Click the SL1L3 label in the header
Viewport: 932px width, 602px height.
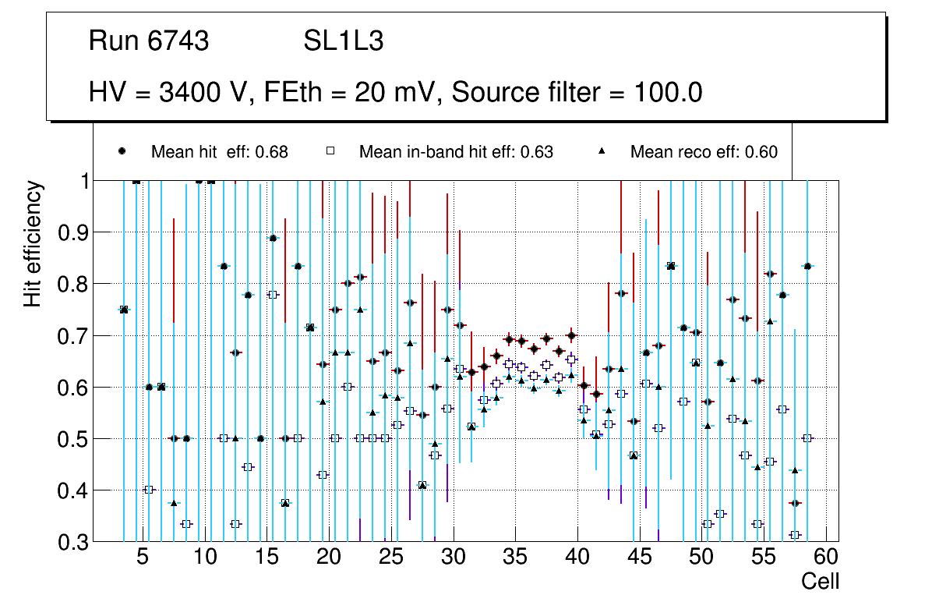coord(343,41)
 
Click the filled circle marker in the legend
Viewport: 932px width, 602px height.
coord(122,151)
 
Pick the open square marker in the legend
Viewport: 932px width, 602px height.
coord(330,151)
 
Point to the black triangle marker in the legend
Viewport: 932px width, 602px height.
coord(602,151)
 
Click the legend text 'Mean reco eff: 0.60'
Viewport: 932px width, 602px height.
coord(704,152)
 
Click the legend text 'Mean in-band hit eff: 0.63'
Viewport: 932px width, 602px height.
coord(456,152)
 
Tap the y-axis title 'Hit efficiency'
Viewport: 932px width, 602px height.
coord(33,244)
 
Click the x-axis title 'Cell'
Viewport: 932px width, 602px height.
coord(821,581)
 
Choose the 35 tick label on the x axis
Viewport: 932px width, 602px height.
coord(515,558)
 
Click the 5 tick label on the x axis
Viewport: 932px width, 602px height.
coord(142,558)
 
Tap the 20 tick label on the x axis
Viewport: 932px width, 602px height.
coord(329,558)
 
